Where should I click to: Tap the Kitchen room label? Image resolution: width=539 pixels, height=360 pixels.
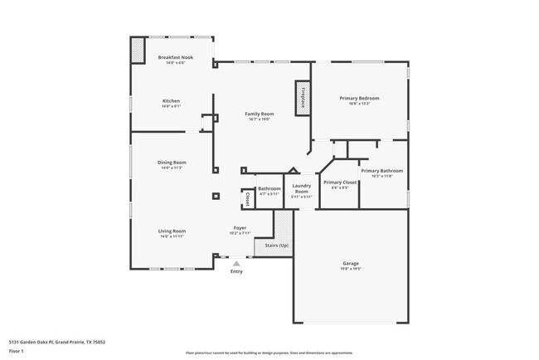click(171, 101)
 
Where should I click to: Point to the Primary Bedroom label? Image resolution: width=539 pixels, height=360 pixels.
click(359, 98)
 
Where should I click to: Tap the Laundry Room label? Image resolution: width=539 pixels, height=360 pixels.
click(302, 188)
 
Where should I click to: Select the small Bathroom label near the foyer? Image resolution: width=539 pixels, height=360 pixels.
click(269, 188)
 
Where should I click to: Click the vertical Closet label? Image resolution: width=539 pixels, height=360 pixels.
click(247, 199)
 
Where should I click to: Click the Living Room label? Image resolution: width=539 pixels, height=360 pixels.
click(172, 231)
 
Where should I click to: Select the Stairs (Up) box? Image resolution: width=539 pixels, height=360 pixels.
click(276, 246)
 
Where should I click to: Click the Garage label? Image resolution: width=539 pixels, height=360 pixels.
click(351, 264)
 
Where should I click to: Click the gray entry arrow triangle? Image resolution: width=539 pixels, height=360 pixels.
click(236, 263)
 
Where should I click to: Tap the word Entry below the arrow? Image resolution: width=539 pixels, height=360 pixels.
click(236, 271)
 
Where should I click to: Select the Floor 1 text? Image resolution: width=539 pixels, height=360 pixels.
click(17, 352)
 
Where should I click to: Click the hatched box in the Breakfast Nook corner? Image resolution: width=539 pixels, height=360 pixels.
click(138, 51)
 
